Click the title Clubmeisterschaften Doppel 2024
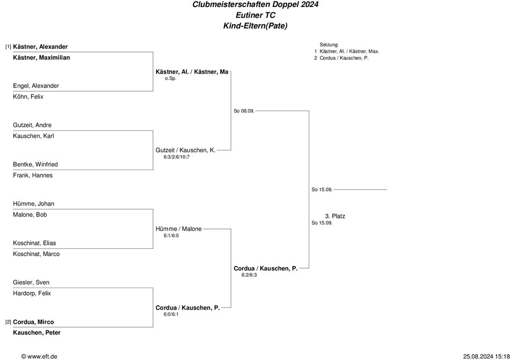coord(256,4)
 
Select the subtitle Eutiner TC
coord(256,15)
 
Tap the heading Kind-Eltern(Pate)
coord(256,26)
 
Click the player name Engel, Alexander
coord(36,86)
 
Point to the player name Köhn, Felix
coord(28,97)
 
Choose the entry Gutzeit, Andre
coord(32,125)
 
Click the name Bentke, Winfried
coord(35,164)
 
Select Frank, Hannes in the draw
coord(33,175)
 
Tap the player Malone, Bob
coord(30,215)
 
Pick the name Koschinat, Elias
coord(34,243)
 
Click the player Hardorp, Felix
coord(32,293)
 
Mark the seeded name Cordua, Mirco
coord(33,322)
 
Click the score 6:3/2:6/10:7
coord(177,157)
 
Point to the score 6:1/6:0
coord(171,236)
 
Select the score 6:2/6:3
coord(249,275)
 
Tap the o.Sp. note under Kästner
coord(170,78)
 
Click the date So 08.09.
coord(244,111)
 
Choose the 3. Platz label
coord(335,216)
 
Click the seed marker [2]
coord(8,322)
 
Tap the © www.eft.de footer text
coord(39,356)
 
